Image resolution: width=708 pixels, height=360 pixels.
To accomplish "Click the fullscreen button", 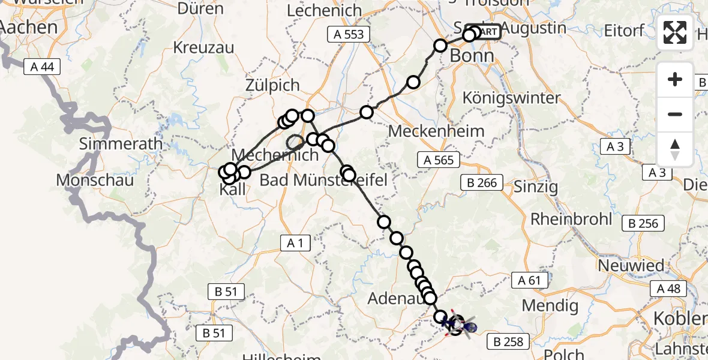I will (x=675, y=32).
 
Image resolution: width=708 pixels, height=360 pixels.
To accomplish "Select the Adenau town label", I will (x=394, y=298).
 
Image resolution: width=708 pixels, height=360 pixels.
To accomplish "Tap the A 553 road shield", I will (x=349, y=34).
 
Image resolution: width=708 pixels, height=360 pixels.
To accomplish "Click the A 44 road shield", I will (x=42, y=67).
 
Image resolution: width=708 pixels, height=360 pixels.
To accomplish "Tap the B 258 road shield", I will (x=508, y=342).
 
